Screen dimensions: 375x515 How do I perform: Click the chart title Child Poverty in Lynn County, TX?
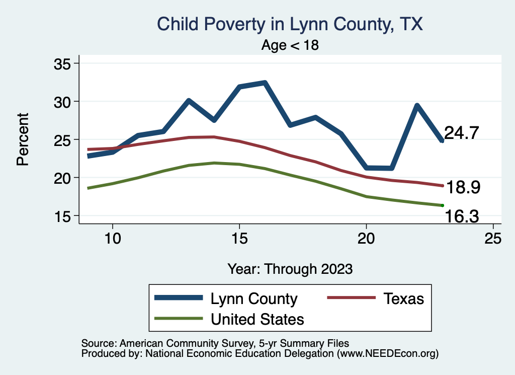pyautogui.click(x=290, y=24)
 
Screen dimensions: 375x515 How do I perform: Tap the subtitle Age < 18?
pyautogui.click(x=290, y=45)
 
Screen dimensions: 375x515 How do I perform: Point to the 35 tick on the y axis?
pyautogui.click(x=64, y=64)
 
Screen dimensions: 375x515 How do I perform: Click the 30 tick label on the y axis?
pyautogui.click(x=64, y=102)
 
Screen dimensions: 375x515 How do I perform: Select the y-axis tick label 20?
pyautogui.click(x=64, y=178)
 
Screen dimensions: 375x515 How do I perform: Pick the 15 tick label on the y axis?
pyautogui.click(x=64, y=216)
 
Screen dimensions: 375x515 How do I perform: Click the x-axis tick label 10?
pyautogui.click(x=113, y=239)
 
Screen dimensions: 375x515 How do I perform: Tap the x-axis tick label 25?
pyautogui.click(x=493, y=239)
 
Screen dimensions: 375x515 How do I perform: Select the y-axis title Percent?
pyautogui.click(x=22, y=139)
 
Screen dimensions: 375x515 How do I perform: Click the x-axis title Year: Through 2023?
pyautogui.click(x=290, y=268)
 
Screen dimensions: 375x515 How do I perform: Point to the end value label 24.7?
pyautogui.click(x=461, y=133)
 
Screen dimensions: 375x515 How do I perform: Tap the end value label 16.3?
pyautogui.click(x=461, y=216)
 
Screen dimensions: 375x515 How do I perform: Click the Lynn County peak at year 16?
pyautogui.click(x=265, y=83)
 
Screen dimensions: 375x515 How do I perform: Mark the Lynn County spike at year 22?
pyautogui.click(x=417, y=105)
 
